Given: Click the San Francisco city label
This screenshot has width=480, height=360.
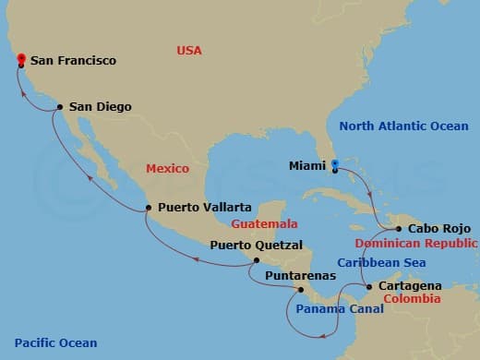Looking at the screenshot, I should [x=73, y=61].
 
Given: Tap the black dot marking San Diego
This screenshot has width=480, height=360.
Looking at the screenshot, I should [x=60, y=107].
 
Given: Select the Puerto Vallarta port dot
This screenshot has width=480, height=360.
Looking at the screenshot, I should [x=149, y=208].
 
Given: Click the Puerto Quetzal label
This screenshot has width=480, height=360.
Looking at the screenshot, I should [x=256, y=246].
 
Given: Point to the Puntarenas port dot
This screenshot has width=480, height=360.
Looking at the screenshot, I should [x=300, y=290].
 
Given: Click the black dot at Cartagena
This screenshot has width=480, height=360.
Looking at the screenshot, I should [x=370, y=287].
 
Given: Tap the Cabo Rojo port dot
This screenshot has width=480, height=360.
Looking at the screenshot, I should [x=397, y=229].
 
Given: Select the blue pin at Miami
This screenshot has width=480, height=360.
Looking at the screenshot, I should [x=335, y=165].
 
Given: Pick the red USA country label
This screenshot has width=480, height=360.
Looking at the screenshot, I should [x=189, y=51].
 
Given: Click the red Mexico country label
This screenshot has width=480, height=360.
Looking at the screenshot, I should [x=167, y=169].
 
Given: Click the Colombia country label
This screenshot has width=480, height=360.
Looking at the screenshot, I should [x=406, y=299].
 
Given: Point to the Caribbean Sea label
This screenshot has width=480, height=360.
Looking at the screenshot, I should [x=374, y=263].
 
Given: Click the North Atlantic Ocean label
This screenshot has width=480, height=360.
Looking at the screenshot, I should [x=404, y=126].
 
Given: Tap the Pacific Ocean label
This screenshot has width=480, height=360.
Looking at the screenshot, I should [x=50, y=343].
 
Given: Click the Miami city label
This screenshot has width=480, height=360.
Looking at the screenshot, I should [x=306, y=167].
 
